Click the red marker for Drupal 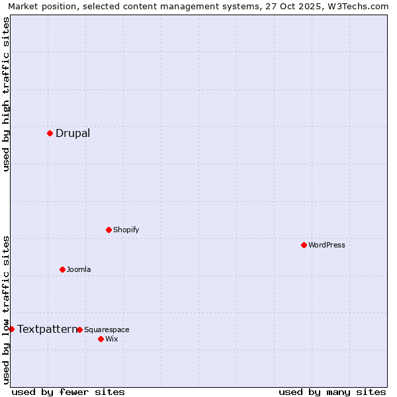click(x=50, y=133)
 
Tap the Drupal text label click(x=73, y=133)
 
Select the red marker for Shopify click(x=109, y=230)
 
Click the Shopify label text click(x=126, y=230)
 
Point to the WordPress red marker click(x=304, y=245)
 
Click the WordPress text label click(x=327, y=245)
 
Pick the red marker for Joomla click(x=62, y=269)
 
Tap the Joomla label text click(x=79, y=269)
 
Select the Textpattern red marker click(x=11, y=329)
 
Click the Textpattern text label click(x=47, y=329)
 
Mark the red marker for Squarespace click(x=79, y=330)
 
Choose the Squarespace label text click(x=107, y=330)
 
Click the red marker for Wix click(x=101, y=339)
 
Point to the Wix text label click(x=111, y=339)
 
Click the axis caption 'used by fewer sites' click(x=68, y=392)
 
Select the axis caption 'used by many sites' click(x=332, y=392)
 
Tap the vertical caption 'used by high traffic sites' click(x=6, y=94)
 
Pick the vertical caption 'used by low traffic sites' click(x=6, y=309)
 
